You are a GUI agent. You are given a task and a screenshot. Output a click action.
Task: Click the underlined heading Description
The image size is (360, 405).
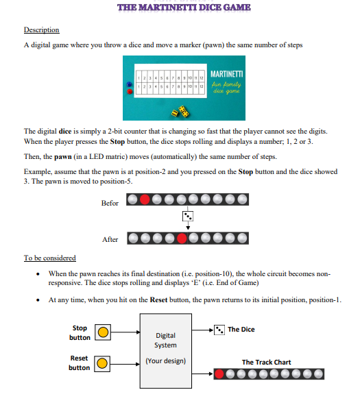coord(41,30)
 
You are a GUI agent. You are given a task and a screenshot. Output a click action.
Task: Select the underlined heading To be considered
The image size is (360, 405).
coord(49,258)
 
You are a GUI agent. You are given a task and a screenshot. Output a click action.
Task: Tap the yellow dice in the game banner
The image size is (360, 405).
coord(183,109)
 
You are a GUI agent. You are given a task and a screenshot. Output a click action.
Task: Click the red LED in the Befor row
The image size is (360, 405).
coord(145,201)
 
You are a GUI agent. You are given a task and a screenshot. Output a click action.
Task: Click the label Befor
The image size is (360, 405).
coord(110,203)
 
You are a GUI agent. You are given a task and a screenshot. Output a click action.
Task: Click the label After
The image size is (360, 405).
coord(110,240)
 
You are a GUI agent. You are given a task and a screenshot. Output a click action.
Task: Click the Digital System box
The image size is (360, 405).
coord(165,348)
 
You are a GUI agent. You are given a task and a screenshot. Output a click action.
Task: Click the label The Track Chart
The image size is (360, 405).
coord(266,362)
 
